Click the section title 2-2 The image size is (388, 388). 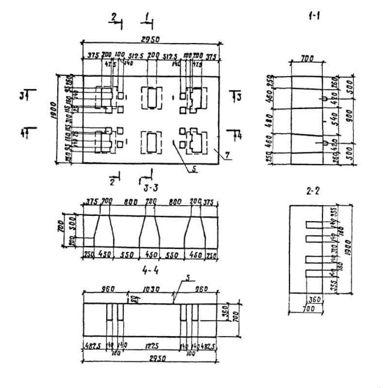click(313, 192)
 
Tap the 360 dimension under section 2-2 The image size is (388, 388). click(315, 300)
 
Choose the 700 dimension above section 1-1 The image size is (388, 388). click(307, 59)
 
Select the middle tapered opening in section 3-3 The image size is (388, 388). click(150, 230)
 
